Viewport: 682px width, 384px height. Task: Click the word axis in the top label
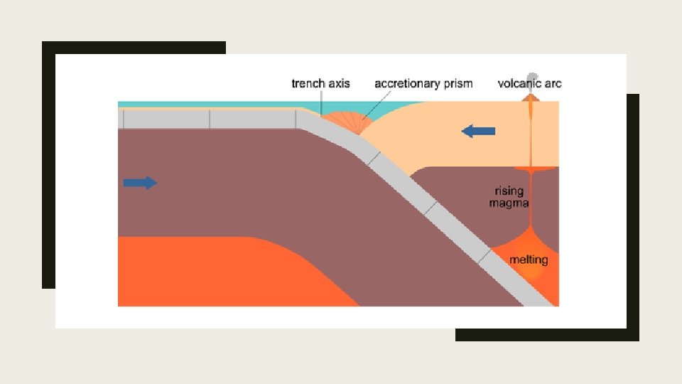point(340,84)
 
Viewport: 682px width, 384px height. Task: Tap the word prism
point(458,84)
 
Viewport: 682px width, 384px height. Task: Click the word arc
point(553,84)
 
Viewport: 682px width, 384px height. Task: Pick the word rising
point(509,191)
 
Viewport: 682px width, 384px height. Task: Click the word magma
point(509,203)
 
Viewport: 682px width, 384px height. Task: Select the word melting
point(529,260)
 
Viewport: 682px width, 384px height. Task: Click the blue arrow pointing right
point(139,183)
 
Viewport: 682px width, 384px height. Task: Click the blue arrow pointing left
point(478,131)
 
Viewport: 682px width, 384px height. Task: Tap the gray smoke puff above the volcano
point(530,79)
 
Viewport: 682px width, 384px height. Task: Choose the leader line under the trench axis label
point(321,102)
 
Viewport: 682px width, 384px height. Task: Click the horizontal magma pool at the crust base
point(532,170)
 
